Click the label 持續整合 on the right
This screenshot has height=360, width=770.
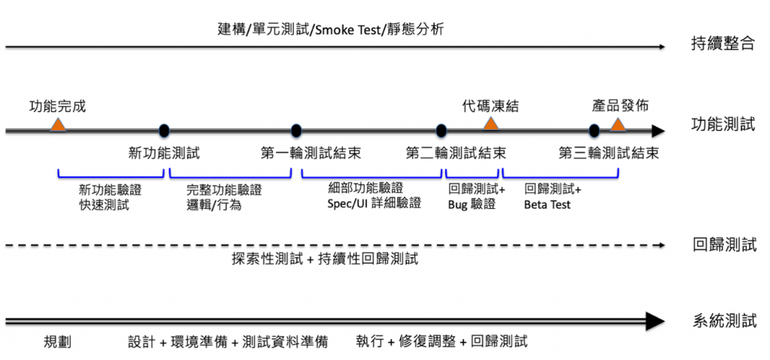point(722,44)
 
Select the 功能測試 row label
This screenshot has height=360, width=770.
point(722,125)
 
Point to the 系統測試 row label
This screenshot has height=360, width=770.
point(723,322)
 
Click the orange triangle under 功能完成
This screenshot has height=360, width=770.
point(58,125)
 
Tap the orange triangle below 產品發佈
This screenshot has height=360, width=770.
point(618,125)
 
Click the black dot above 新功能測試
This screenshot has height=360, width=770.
point(165,131)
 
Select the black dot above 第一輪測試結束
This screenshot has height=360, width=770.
point(296,131)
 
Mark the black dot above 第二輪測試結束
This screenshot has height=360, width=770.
point(441,131)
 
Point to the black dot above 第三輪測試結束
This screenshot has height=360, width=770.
point(594,131)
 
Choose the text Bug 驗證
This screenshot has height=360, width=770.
point(471,204)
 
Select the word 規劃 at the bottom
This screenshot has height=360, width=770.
point(57,342)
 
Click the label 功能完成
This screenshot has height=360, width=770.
point(57,107)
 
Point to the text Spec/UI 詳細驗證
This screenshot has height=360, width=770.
point(374,203)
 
